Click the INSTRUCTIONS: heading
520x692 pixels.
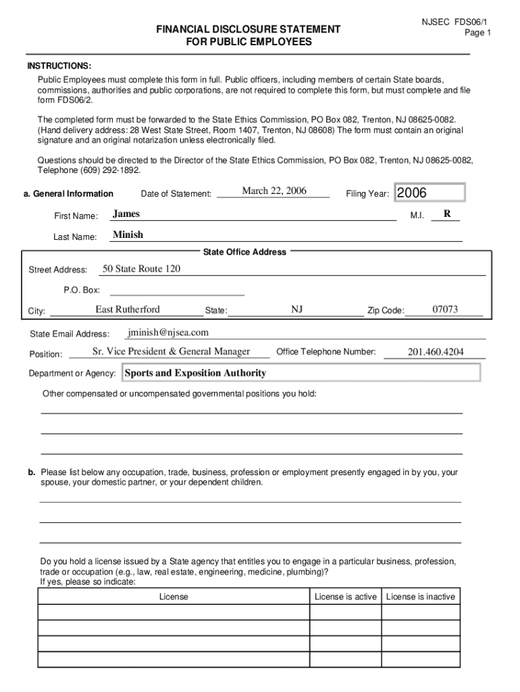(x=59, y=66)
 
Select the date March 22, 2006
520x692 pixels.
(x=274, y=191)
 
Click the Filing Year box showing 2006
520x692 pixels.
(x=430, y=193)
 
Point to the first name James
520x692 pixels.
(x=126, y=214)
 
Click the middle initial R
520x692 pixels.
(x=446, y=214)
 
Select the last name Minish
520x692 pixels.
(x=128, y=235)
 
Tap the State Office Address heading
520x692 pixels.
(x=244, y=252)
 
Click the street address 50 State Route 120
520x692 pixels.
(x=141, y=269)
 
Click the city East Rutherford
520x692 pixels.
(x=128, y=310)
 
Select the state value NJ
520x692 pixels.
(x=296, y=310)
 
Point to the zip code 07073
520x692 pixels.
(x=445, y=310)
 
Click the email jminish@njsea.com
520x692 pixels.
(x=168, y=332)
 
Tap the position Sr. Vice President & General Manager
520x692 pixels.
(x=171, y=351)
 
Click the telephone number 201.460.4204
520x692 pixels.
(x=436, y=352)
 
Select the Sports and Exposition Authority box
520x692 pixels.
(x=300, y=373)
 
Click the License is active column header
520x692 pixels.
(x=345, y=597)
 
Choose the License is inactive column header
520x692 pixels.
(x=420, y=597)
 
